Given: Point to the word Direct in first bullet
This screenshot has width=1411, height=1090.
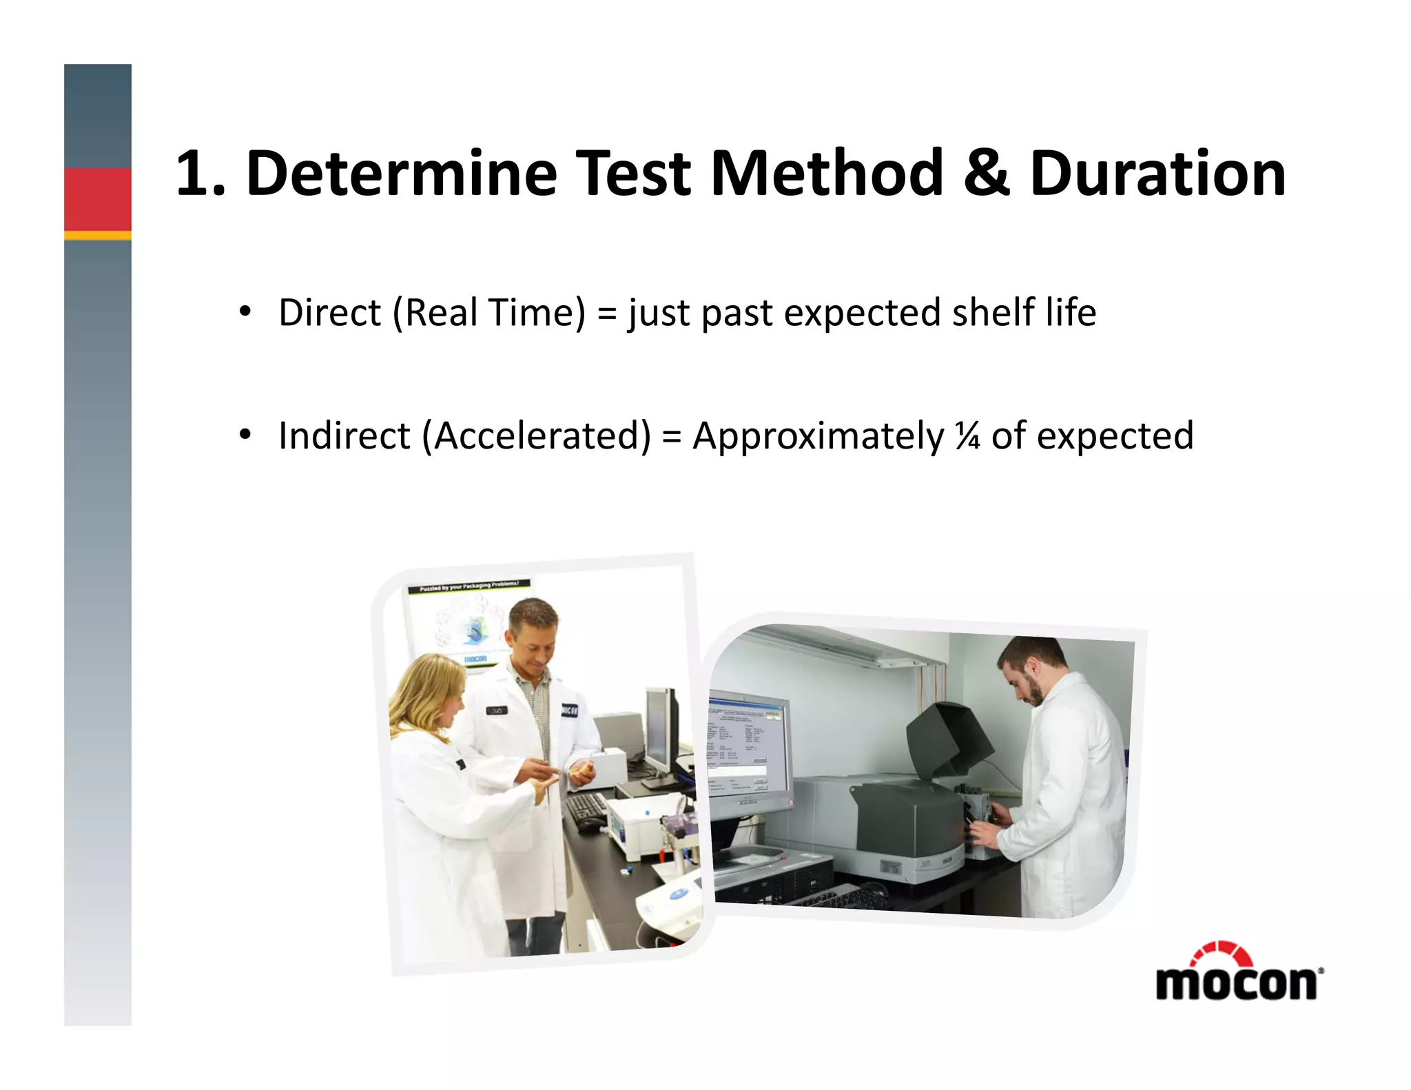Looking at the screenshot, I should pos(329,313).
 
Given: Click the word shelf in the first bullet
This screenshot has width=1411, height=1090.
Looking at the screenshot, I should pos(993,313).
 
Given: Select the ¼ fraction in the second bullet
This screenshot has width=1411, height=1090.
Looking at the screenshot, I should pos(967,436).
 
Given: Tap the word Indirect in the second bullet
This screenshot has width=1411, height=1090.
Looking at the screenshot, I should pos(344,436).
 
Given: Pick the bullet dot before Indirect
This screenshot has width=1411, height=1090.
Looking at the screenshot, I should pos(245,435).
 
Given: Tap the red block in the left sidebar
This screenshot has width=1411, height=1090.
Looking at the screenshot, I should pos(98,199).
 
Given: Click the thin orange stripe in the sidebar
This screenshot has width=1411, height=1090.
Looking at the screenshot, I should pos(98,236).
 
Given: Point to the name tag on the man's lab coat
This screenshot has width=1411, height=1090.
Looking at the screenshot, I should pos(496,710).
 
